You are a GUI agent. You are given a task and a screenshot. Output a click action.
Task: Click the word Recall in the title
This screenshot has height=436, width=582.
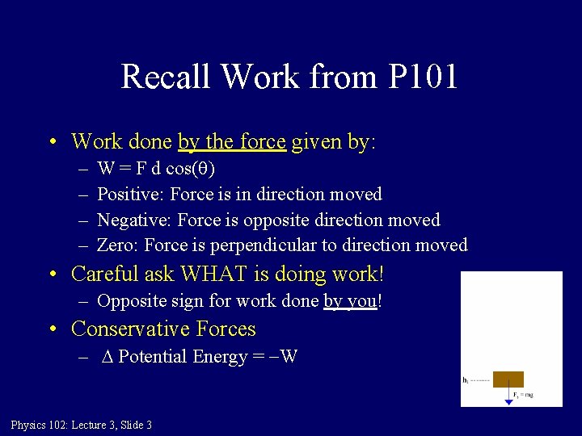[x=167, y=77]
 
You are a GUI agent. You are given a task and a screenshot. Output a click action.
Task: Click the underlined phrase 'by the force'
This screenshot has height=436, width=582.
[x=232, y=142]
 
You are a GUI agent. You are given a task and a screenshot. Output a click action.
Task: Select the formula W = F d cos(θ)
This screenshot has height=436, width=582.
[x=156, y=169]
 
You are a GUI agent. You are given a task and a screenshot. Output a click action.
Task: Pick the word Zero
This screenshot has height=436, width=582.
[x=116, y=245]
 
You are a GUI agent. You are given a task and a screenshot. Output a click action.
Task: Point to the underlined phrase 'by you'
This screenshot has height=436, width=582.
[x=350, y=302]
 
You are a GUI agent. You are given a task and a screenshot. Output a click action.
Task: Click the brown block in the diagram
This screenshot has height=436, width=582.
[x=508, y=379]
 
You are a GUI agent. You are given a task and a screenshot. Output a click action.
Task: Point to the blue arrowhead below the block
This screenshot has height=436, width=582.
[x=508, y=401]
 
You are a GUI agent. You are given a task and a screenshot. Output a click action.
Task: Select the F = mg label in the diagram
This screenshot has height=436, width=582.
[x=524, y=395]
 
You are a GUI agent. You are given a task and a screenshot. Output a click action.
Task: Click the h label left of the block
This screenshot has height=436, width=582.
[x=466, y=379]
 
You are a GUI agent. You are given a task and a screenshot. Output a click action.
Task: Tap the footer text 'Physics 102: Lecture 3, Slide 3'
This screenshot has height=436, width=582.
[x=82, y=425]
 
